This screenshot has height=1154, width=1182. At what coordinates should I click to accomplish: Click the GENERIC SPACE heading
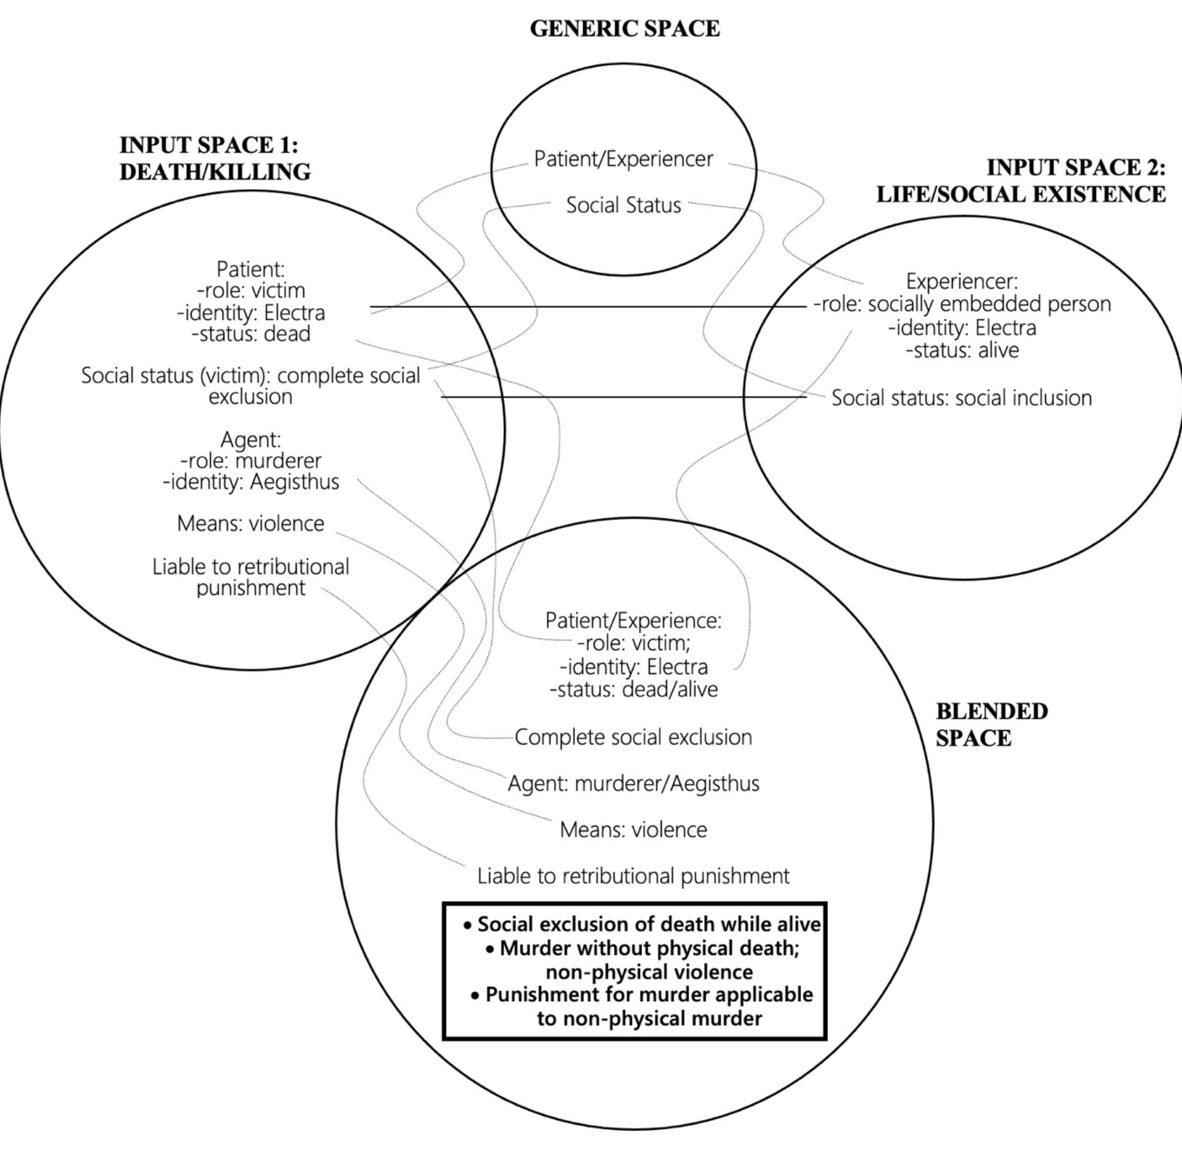coord(625,29)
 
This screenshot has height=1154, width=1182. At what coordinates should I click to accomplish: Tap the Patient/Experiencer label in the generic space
coord(623,159)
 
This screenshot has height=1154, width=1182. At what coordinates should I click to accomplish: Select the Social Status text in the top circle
coord(623,205)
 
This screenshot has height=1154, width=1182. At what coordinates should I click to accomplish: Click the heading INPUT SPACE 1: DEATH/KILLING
coord(215,159)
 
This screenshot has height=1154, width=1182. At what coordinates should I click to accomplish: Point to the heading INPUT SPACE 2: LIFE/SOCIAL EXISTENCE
coord(1021,181)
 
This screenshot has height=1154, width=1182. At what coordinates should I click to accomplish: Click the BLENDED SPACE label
coord(991,725)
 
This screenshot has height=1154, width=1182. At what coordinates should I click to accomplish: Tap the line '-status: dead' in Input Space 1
coord(251,334)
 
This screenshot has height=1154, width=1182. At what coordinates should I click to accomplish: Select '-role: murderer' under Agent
coord(251,461)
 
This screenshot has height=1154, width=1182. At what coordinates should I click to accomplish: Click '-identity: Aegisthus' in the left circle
coord(251,482)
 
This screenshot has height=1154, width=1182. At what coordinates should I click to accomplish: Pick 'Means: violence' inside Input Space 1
coord(251,524)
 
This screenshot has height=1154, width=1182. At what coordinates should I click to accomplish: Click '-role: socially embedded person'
coord(962,304)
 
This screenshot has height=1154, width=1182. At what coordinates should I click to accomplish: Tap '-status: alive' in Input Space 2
coord(962,350)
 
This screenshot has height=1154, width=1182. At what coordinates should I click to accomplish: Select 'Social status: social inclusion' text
coord(962,398)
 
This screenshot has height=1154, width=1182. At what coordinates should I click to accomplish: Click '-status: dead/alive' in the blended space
coord(634,689)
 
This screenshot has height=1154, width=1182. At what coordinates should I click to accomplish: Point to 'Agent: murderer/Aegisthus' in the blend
coord(634,783)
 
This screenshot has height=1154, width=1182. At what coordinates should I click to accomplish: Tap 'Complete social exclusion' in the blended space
coord(634,737)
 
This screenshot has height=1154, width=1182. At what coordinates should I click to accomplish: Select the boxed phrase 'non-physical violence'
coord(649,972)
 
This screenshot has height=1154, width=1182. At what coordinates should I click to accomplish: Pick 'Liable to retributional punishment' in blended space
coord(634,876)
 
